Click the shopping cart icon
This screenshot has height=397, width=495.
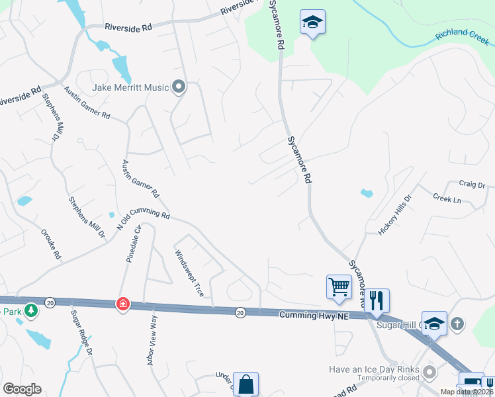(339, 287)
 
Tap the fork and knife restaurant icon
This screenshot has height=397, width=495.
(377, 300)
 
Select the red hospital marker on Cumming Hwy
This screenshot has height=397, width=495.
(122, 304)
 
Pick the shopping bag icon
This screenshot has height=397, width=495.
(246, 384)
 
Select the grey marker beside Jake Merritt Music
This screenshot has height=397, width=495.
(178, 86)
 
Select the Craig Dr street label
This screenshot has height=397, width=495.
(472, 184)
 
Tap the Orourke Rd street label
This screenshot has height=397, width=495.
(51, 244)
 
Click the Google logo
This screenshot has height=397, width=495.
(22, 389)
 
